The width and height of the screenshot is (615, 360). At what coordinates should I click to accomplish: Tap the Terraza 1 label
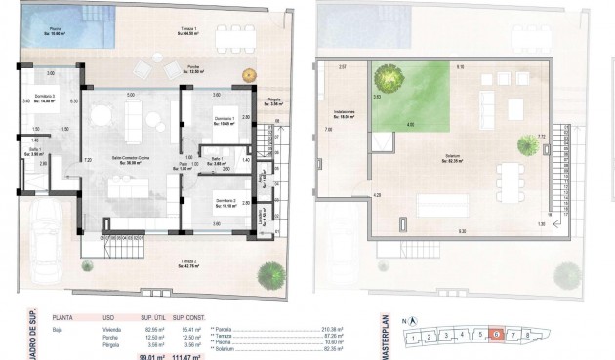point(187,31)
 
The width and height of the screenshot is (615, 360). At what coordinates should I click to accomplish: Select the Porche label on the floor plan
point(194,68)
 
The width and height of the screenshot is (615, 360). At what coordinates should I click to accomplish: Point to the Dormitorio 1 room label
point(226,120)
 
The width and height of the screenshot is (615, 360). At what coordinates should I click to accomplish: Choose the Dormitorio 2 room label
point(226,205)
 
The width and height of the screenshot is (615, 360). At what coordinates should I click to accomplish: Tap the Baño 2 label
point(37,151)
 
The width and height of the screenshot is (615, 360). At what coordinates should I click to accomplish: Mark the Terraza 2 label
point(188,263)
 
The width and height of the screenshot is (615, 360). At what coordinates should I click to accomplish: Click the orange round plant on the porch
point(250,73)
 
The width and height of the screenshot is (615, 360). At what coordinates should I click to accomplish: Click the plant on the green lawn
point(389,78)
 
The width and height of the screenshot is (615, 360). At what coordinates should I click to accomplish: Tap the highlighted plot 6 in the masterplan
point(497,335)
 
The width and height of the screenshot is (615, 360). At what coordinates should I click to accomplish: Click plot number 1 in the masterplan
point(414,339)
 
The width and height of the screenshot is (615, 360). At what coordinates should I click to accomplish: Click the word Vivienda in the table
point(108,329)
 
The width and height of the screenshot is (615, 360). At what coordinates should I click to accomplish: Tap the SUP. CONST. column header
point(186,318)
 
